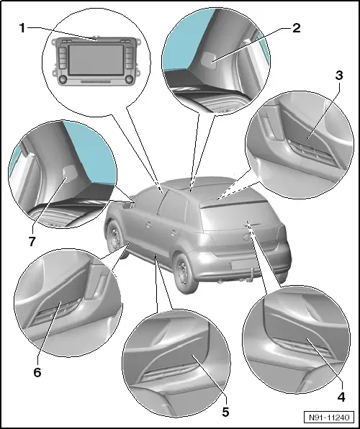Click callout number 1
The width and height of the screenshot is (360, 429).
click(x=22, y=28)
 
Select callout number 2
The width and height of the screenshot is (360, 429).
click(x=296, y=28)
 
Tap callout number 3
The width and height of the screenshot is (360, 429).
click(x=339, y=76)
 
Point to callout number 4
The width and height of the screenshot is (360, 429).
click(x=341, y=397)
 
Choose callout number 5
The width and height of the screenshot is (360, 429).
click(x=225, y=412)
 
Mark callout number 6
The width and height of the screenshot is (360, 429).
click(x=37, y=372)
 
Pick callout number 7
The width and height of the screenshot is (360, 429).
click(x=32, y=241)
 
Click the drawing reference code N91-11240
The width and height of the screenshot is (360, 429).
click(x=329, y=417)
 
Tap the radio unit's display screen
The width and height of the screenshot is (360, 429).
click(x=96, y=60)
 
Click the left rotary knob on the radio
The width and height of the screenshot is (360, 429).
click(x=63, y=79)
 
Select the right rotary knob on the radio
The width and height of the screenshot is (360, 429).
click(x=129, y=79)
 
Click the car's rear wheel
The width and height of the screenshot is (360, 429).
click(x=186, y=273)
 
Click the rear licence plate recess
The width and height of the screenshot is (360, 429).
click(x=243, y=265)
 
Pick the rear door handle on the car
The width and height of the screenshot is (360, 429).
click(x=173, y=232)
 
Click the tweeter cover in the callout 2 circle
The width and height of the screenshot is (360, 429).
click(x=208, y=59)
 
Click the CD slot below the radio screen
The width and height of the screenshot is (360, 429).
click(x=96, y=81)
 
